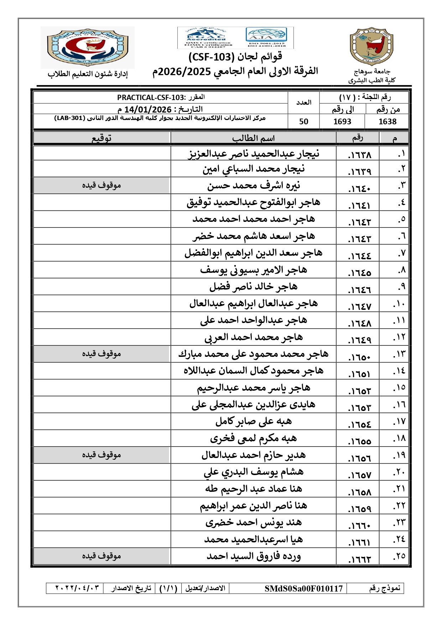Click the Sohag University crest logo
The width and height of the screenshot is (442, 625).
tap(371, 46)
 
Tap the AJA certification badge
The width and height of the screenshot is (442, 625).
tap(266, 37)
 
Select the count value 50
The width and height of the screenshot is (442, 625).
tap(303, 121)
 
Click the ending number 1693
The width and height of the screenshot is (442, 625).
tap(342, 121)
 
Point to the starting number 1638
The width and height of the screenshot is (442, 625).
tap(388, 121)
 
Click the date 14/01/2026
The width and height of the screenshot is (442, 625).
tap(148, 109)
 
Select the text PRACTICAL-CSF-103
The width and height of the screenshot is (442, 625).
tap(151, 98)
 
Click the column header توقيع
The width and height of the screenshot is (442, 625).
tap(102, 138)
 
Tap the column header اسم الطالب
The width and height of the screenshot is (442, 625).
tap(253, 138)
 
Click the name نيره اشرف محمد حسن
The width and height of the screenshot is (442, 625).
tap(254, 186)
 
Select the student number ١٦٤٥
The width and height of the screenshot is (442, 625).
tap(360, 273)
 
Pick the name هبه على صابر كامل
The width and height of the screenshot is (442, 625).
tap(254, 422)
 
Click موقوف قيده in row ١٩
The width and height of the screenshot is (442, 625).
tap(102, 455)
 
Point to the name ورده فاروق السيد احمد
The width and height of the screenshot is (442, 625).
tap(254, 556)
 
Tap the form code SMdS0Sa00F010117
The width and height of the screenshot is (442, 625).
tap(303, 588)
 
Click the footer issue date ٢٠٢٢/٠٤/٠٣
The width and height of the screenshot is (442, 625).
tap(77, 588)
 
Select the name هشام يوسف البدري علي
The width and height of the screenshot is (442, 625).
tap(254, 472)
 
